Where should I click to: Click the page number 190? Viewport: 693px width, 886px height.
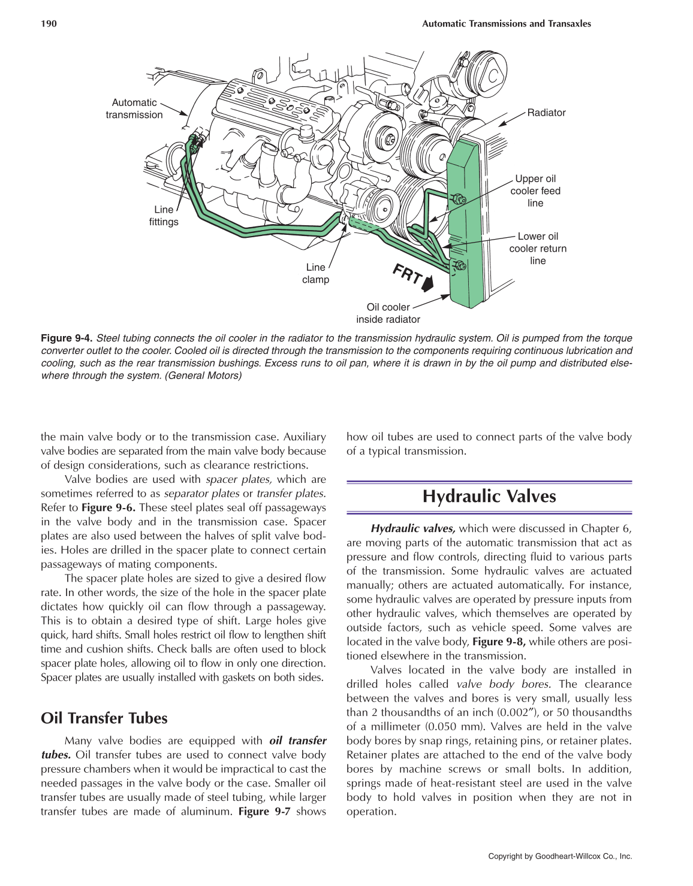49,24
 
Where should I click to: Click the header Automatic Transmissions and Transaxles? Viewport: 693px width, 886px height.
506,24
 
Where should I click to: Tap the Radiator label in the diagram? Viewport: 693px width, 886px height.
546,113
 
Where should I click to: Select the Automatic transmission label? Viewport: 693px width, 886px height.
134,109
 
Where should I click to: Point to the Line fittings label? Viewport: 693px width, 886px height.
164,216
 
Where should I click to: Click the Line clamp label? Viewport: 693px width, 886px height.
315,273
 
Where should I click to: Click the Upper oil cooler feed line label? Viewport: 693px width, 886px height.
535,190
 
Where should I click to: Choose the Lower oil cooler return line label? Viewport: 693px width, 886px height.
538,248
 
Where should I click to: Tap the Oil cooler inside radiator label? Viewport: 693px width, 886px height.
388,313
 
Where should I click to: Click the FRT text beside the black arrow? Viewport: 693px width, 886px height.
407,274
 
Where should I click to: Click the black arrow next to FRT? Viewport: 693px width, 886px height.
427,283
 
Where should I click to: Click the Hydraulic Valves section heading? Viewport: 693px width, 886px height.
489,497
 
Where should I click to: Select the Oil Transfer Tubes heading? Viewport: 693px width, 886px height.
104,718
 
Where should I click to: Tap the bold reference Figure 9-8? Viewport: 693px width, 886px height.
499,642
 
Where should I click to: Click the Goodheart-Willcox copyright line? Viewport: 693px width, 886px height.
560,856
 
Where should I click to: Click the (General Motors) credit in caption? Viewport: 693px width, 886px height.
203,376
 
